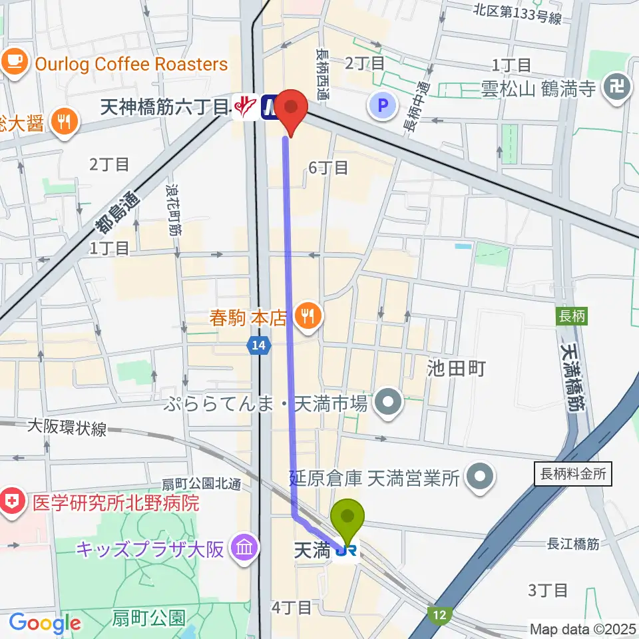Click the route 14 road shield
[x=259, y=345]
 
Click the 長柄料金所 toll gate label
[x=572, y=474]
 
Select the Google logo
[x=45, y=624]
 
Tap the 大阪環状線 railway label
[x=67, y=429]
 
